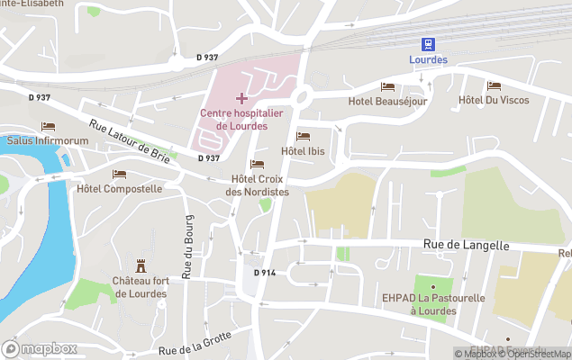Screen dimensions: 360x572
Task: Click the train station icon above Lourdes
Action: coord(428,44)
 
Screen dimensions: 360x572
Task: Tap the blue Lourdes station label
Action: coord(428,60)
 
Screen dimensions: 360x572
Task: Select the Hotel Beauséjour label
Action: coord(386,101)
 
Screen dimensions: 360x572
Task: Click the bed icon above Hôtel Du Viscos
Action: coord(494,85)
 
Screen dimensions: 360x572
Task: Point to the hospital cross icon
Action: coord(241,97)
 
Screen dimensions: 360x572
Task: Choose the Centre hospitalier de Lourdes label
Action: coord(241,119)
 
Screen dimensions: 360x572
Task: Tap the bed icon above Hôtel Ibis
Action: coord(303,136)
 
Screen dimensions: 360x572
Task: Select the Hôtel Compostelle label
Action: coord(119,189)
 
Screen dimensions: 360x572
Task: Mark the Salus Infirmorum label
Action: coord(48,140)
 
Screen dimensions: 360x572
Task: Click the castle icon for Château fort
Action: coord(141,265)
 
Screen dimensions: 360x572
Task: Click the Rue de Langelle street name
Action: coord(466,245)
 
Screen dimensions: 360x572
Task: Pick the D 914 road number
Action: coord(264,273)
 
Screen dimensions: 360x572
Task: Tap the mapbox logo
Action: coord(40,348)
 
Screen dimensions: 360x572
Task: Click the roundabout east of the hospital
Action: coord(302,96)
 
